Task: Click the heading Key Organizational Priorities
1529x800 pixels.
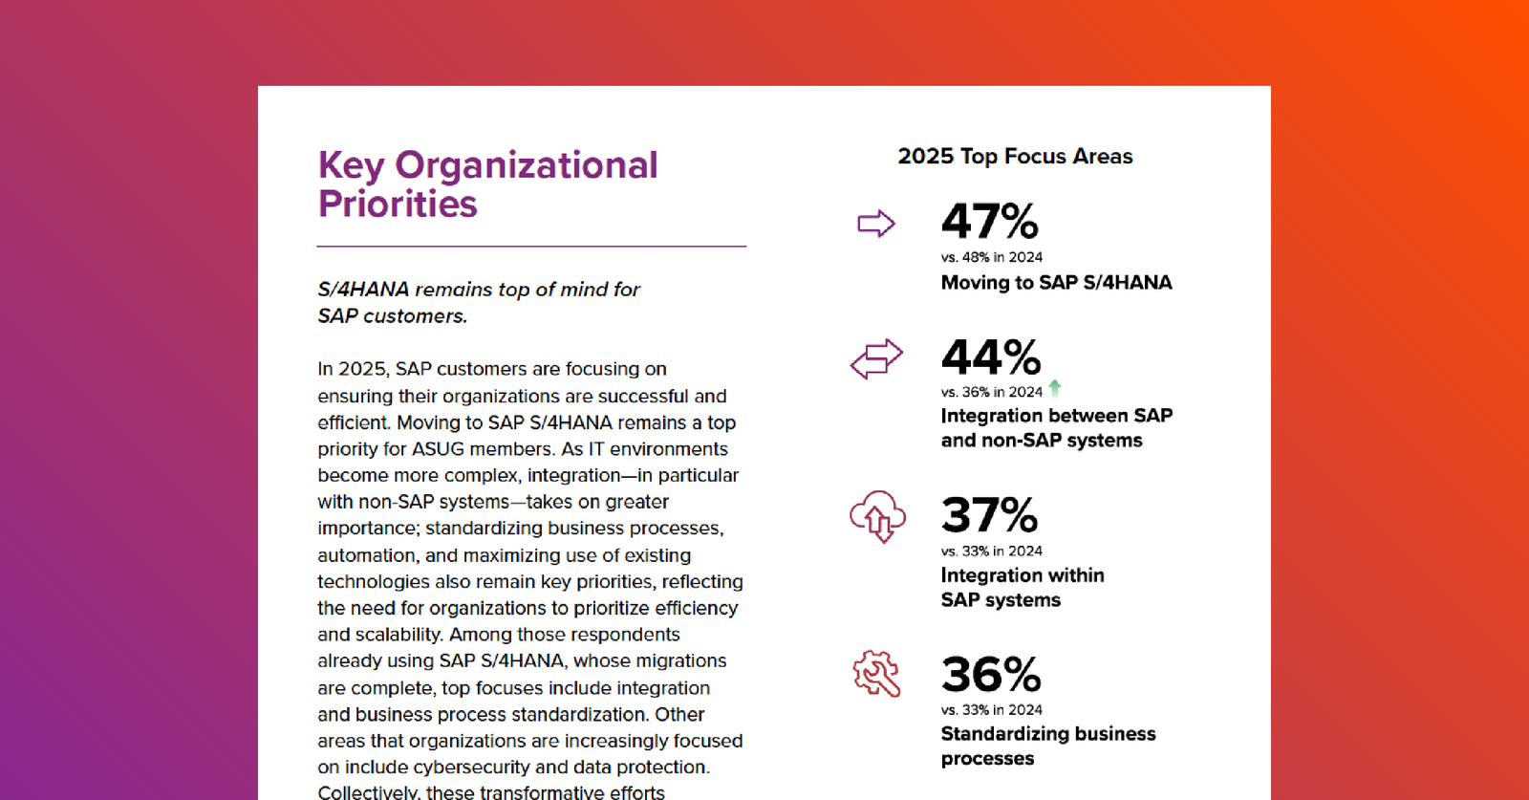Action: (x=487, y=184)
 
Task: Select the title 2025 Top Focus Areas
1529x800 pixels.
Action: (x=1015, y=157)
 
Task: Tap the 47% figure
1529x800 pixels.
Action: (x=989, y=222)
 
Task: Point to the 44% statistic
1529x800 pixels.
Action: (x=990, y=357)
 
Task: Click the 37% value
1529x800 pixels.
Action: (x=989, y=515)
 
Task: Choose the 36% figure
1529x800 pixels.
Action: (x=990, y=675)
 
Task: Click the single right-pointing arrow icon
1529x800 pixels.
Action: (x=875, y=224)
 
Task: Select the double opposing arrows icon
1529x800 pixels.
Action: (x=876, y=358)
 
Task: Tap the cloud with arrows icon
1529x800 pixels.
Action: (x=877, y=516)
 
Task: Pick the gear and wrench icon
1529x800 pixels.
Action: (x=876, y=674)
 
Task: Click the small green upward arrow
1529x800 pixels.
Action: (x=1055, y=388)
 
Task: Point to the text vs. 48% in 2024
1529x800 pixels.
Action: (x=991, y=257)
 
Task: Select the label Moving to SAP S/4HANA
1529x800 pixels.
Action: (x=1056, y=283)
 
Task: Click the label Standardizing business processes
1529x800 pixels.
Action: (x=1047, y=746)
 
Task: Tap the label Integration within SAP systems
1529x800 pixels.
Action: (x=1022, y=588)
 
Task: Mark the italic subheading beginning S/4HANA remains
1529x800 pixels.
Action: (x=479, y=302)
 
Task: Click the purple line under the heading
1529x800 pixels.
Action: (x=531, y=247)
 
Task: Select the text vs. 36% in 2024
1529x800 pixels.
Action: (x=991, y=392)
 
